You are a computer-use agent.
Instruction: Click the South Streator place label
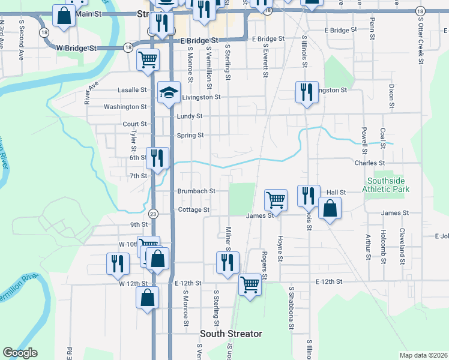pos(231,334)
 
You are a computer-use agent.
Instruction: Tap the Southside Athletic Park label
pos(388,185)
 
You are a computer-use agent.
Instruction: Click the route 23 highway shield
pos(153,214)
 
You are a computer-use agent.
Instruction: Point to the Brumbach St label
pos(196,191)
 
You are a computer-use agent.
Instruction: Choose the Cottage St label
pos(193,210)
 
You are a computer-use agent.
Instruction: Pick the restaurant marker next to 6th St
pos(157,158)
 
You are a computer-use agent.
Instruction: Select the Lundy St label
pos(190,116)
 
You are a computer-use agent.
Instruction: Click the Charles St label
pos(369,163)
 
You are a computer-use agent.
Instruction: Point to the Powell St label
pos(364,136)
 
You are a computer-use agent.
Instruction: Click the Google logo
pos(20,353)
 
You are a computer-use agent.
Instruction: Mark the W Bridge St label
pos(76,47)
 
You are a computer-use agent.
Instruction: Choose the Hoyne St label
pos(280,248)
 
